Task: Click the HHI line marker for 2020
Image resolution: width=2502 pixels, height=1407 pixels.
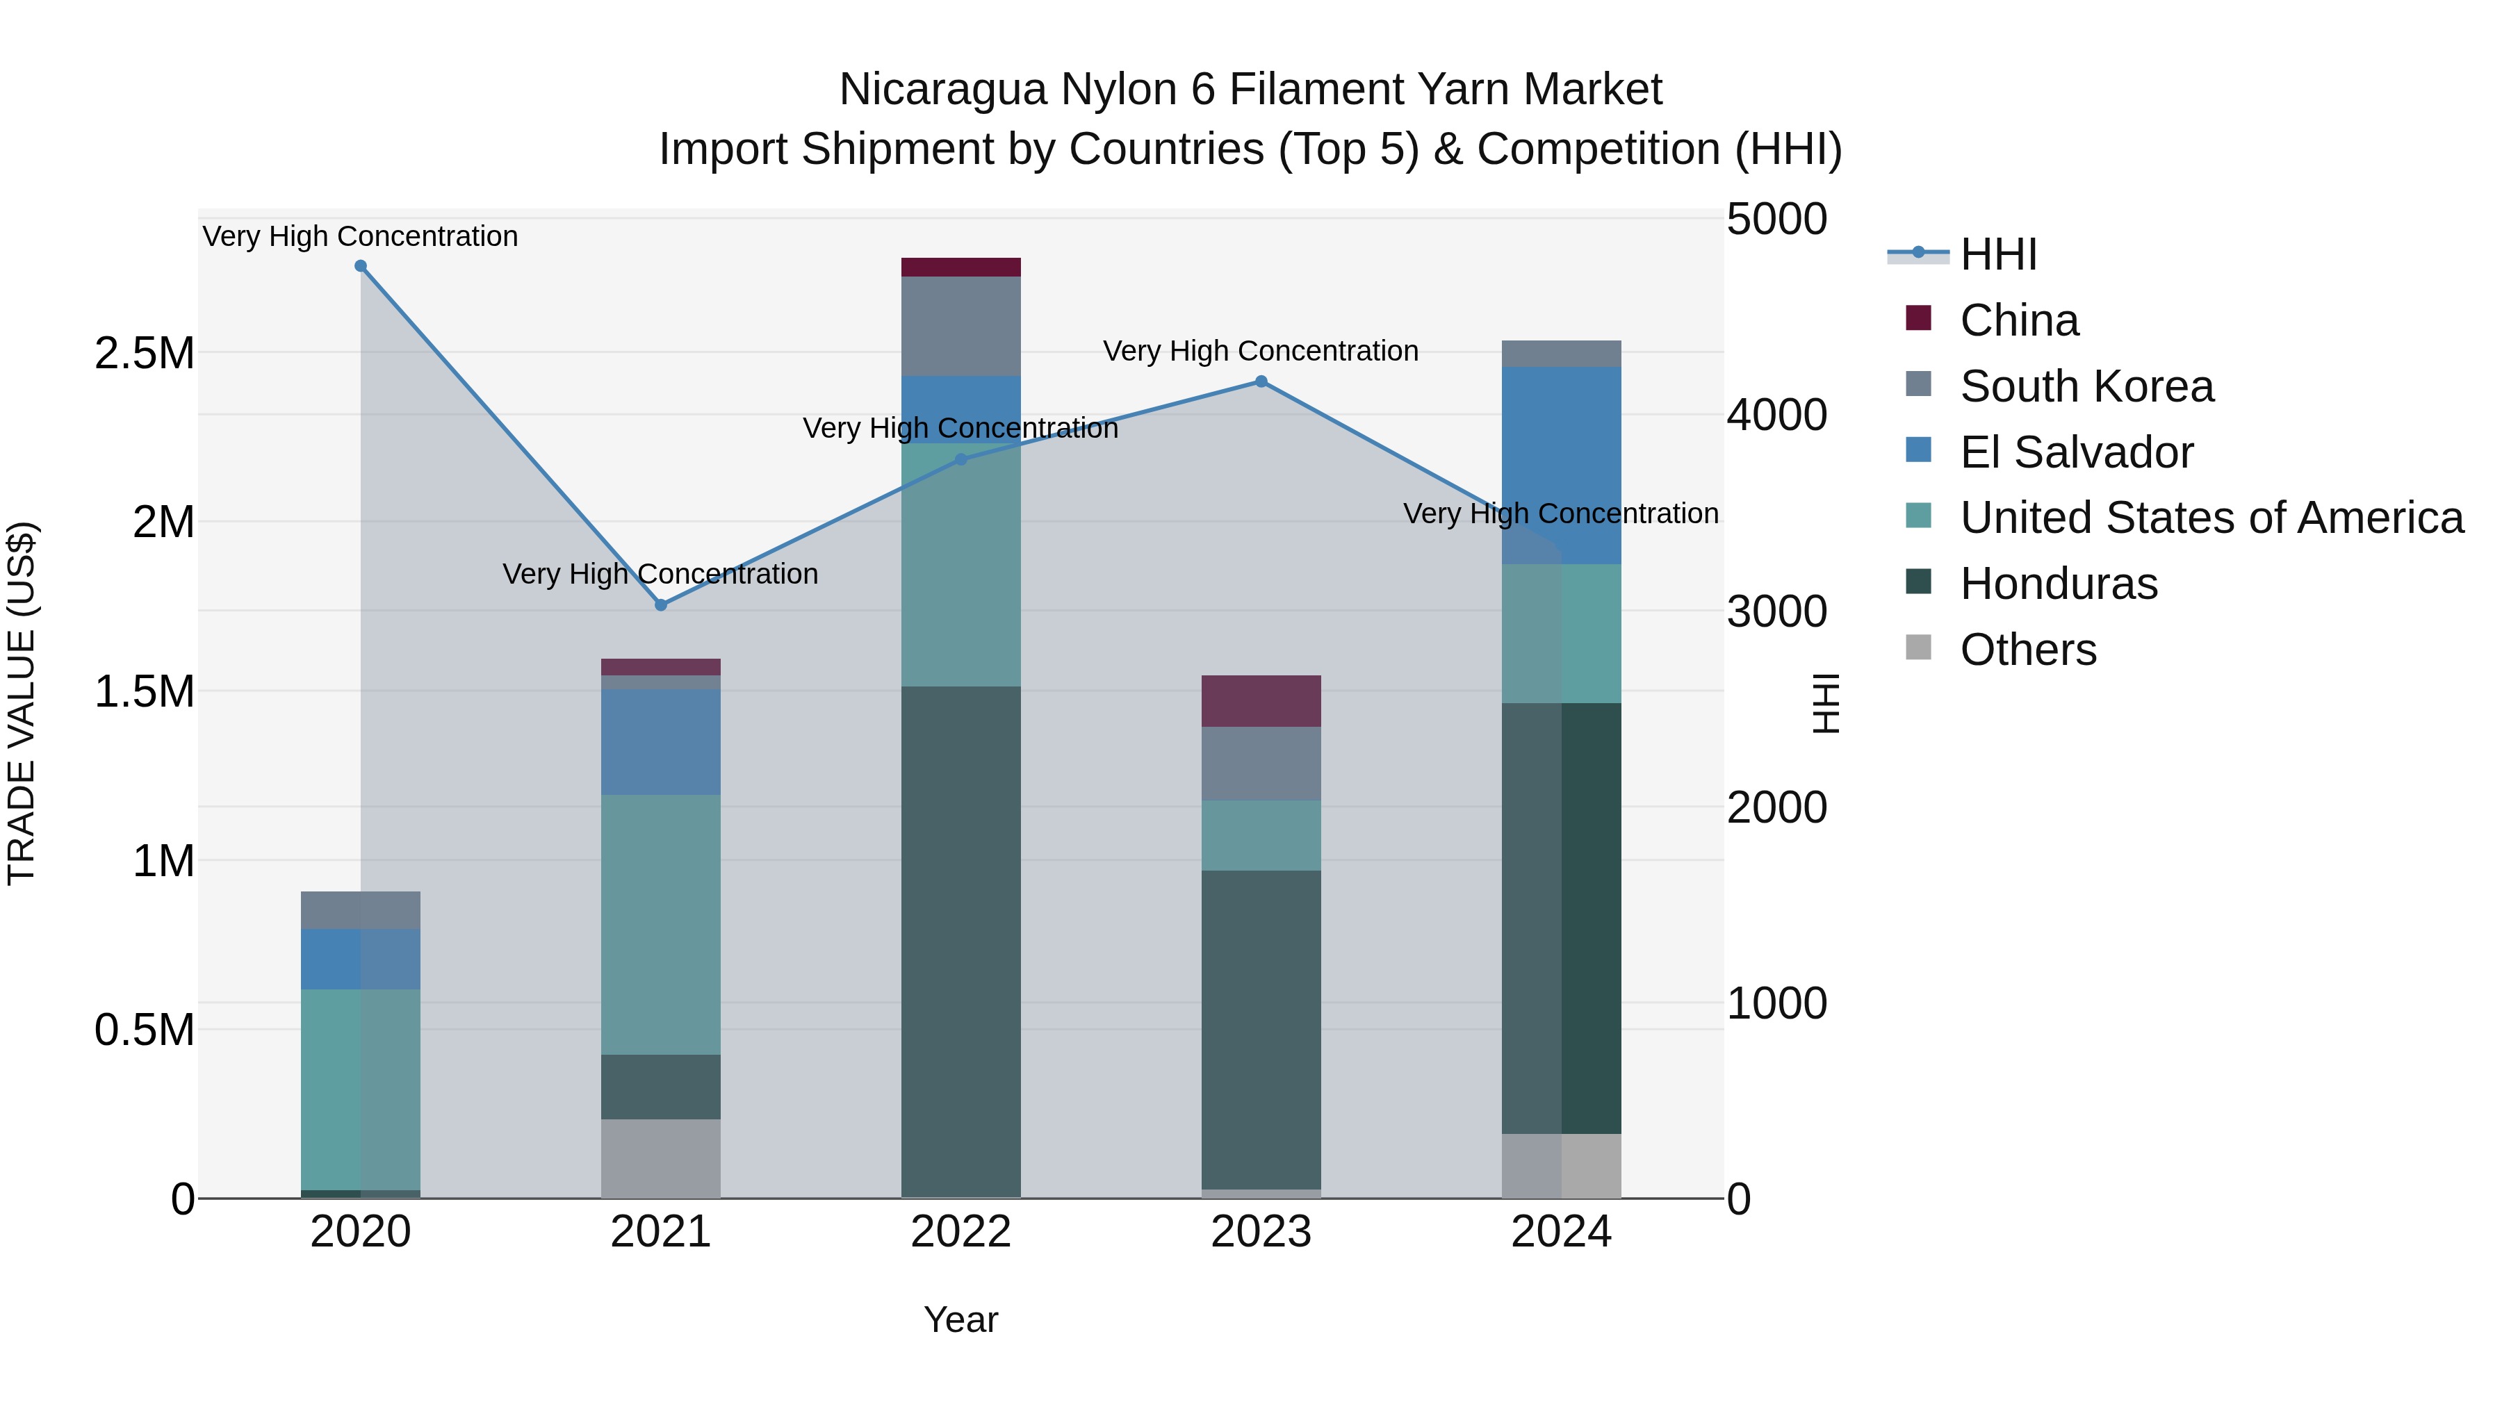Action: [x=360, y=266]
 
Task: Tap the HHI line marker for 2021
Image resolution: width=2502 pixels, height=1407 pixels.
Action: [x=660, y=605]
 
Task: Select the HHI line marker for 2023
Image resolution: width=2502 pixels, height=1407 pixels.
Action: [x=1261, y=381]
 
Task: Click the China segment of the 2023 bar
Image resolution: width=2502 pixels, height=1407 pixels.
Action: [x=1261, y=701]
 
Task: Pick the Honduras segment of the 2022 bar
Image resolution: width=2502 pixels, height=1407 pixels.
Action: [x=960, y=942]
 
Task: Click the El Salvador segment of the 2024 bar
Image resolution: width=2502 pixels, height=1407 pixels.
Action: [x=1561, y=466]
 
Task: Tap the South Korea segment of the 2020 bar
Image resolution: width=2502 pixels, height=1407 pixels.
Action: [x=360, y=910]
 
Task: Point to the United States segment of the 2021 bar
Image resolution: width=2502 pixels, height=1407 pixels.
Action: [x=660, y=924]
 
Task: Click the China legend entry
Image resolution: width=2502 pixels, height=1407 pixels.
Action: [x=2018, y=320]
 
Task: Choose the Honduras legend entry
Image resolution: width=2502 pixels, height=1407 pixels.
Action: [x=2058, y=584]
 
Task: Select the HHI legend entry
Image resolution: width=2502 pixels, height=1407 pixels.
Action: [x=1998, y=254]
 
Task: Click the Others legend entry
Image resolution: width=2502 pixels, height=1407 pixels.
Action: [x=2027, y=650]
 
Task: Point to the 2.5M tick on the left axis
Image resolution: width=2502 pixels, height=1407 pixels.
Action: [x=145, y=354]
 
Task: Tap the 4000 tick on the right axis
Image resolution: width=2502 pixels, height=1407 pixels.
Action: [x=1776, y=415]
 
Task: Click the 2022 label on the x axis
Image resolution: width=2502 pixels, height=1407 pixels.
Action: [x=960, y=1232]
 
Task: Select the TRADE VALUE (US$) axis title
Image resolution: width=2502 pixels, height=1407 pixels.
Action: [x=22, y=703]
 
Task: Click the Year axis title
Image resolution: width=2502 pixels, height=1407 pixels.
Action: [x=960, y=1319]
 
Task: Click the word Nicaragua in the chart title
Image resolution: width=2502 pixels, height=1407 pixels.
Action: [x=942, y=90]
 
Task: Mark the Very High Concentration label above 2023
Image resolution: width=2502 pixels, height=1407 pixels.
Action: [x=1261, y=351]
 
